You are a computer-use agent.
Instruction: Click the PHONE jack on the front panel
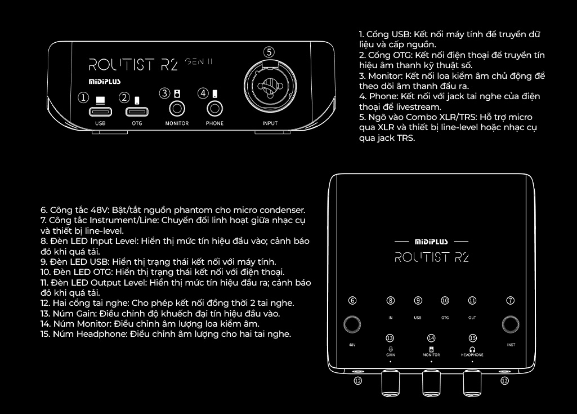214,108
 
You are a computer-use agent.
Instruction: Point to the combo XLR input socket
270,88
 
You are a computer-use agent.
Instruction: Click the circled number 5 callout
270,52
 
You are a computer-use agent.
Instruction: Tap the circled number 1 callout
84,97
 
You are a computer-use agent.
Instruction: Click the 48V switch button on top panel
353,324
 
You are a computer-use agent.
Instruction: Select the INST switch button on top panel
511,324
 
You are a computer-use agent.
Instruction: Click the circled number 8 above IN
391,301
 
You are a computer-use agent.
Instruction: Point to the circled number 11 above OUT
472,301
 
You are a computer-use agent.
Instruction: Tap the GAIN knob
390,384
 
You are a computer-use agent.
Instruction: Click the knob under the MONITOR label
431,384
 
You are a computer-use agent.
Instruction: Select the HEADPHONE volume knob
472,384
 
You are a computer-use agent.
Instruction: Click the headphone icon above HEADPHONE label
472,349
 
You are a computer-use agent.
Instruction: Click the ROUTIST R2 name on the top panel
431,257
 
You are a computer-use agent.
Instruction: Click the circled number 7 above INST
511,301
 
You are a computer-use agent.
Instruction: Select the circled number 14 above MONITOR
431,339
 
